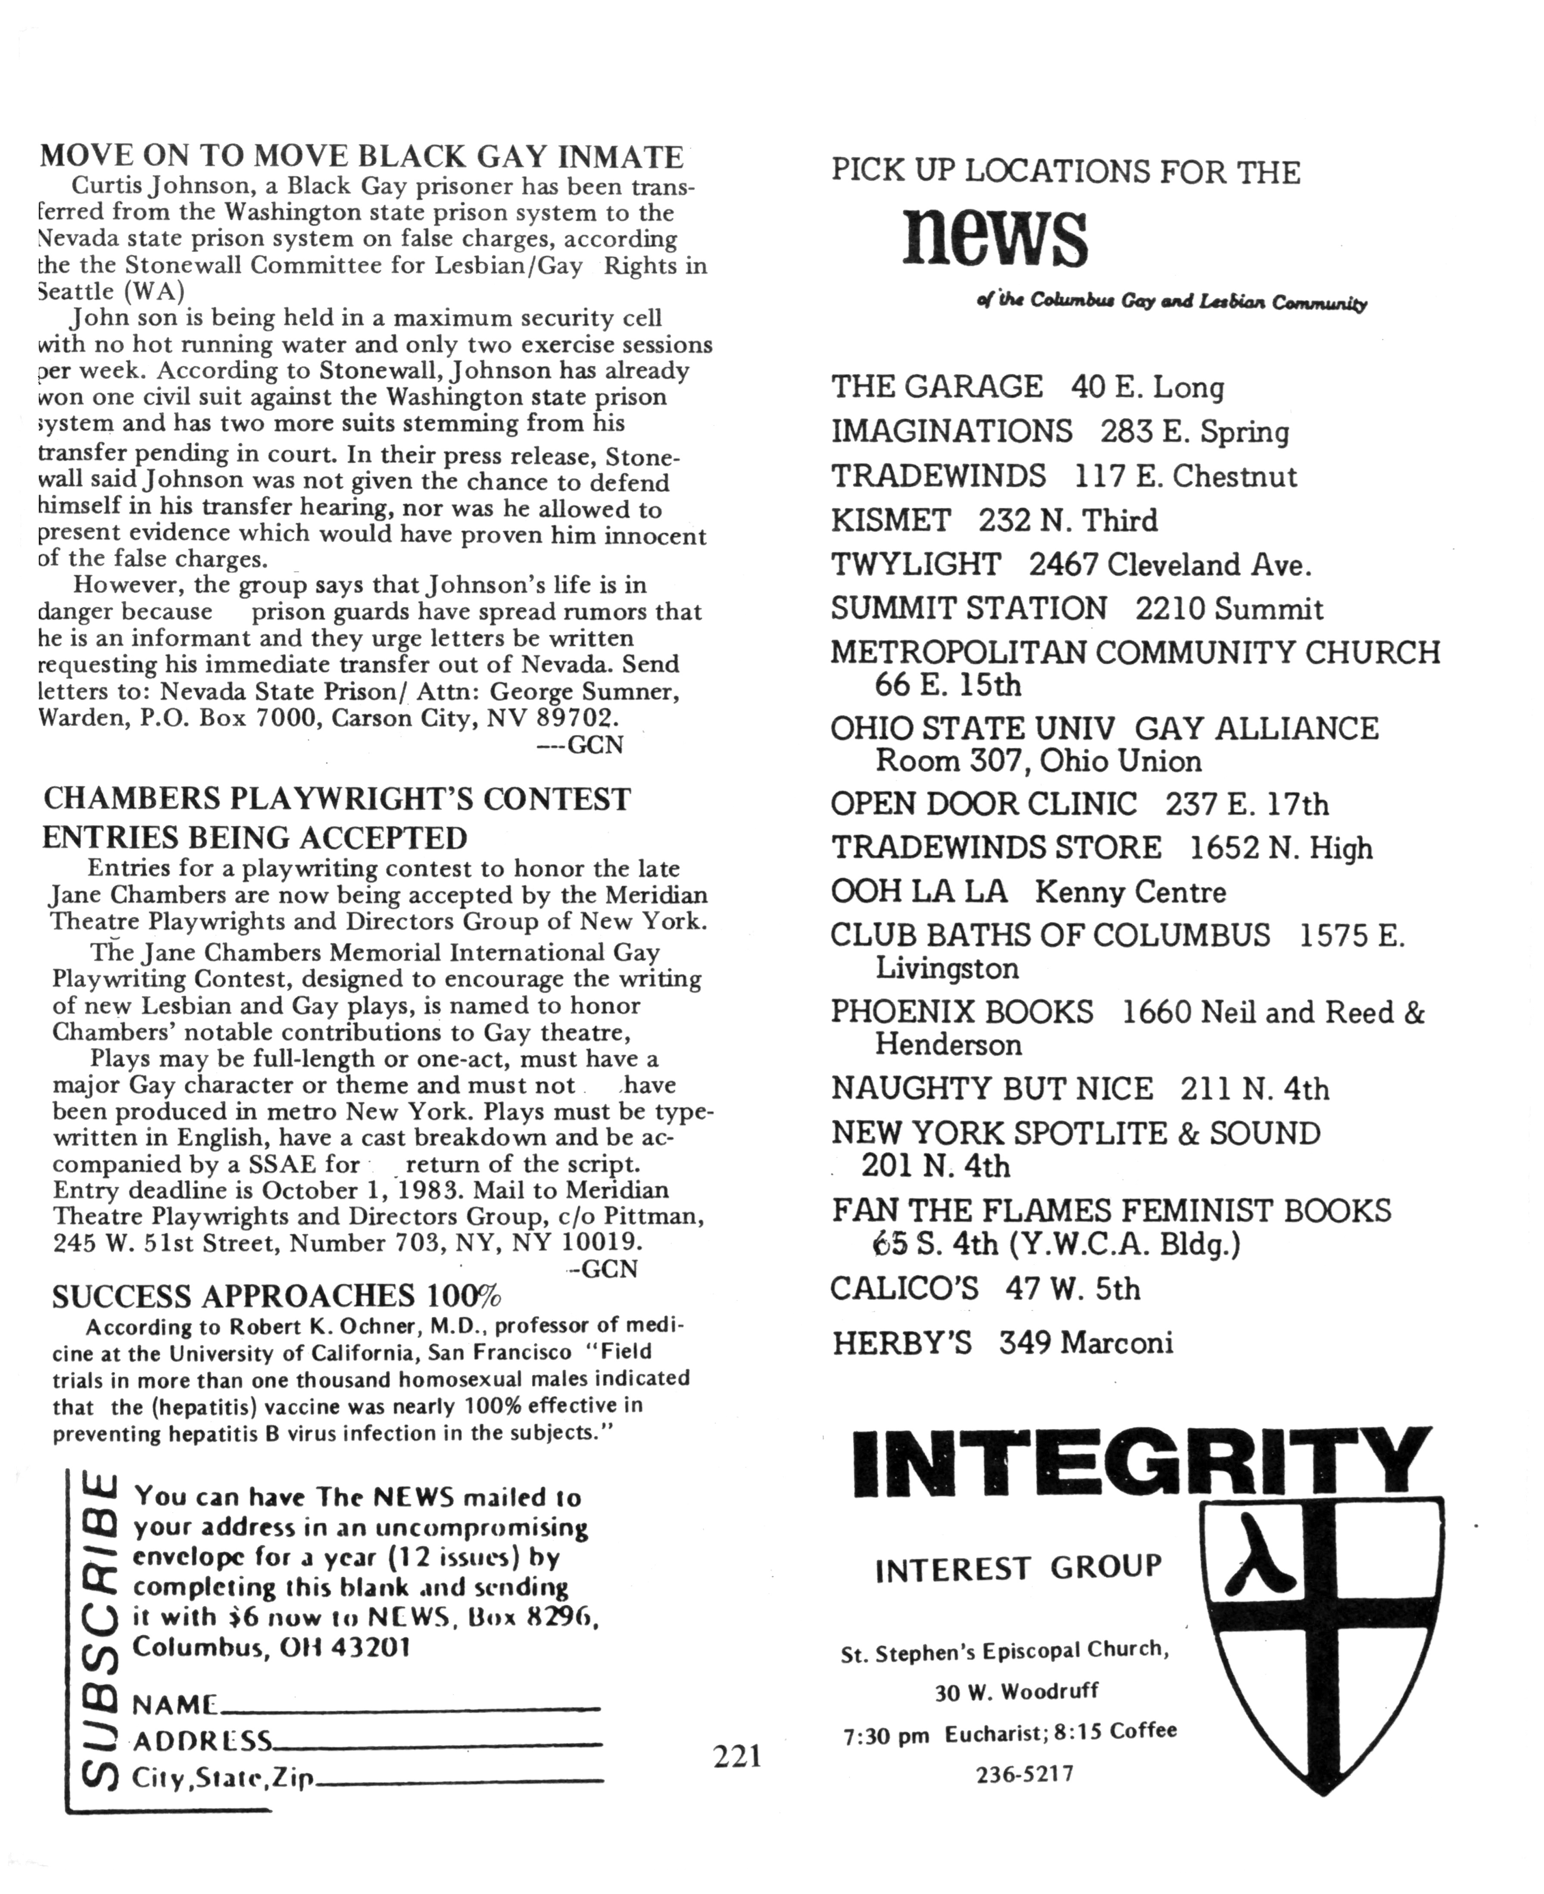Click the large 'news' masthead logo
point(994,238)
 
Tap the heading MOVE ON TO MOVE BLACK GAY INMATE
point(361,156)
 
